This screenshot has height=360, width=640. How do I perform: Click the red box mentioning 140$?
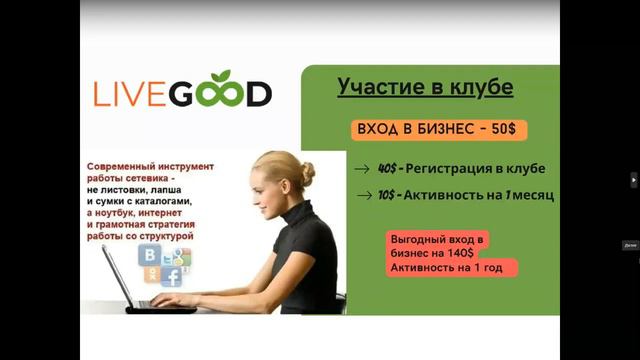pyautogui.click(x=452, y=254)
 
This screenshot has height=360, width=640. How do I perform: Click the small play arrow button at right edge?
pyautogui.click(x=633, y=180)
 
